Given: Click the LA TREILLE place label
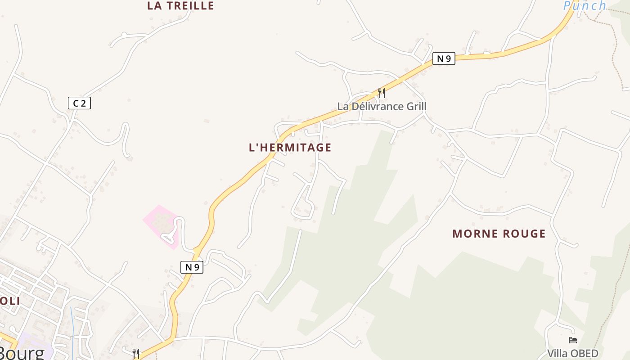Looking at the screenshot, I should point(180,6).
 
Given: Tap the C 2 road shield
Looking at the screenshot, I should point(79,103).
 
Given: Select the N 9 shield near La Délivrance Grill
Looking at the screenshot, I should point(444,58).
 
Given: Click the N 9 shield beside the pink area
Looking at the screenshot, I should point(192,267).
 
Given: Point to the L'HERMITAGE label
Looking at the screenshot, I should point(290,148).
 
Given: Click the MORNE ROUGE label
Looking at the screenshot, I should point(499,234).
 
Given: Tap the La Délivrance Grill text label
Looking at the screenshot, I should point(382,107).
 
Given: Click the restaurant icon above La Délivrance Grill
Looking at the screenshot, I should point(381,93).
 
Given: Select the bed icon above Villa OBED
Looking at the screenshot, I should point(573,340).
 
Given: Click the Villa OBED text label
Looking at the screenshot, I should point(573,353).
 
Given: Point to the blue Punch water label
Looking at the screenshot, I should point(585,6).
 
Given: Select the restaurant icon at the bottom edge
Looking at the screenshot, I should point(136,354).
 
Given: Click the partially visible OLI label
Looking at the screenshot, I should point(10,301).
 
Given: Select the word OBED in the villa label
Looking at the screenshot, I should point(584,353).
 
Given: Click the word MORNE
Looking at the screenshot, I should point(472,234).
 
